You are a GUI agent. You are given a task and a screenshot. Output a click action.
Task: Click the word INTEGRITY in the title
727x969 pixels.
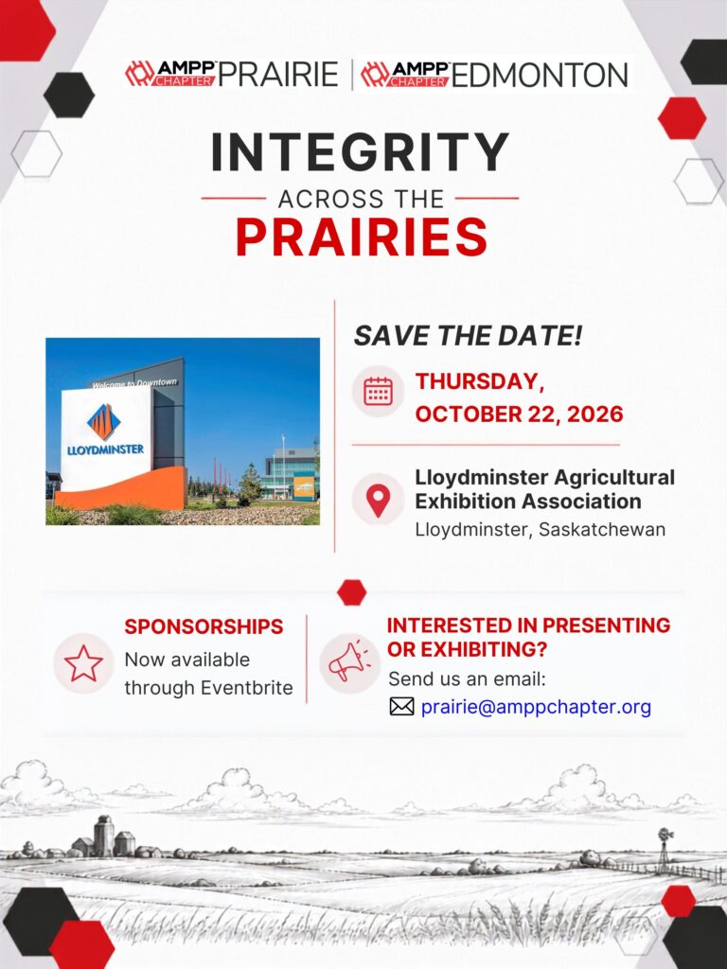(x=361, y=152)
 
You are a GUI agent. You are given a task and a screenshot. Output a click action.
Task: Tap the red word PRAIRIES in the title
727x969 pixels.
(x=362, y=237)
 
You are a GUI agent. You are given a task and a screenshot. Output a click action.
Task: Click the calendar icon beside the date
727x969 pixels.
(x=379, y=391)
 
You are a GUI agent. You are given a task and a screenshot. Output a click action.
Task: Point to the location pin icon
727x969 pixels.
(x=379, y=501)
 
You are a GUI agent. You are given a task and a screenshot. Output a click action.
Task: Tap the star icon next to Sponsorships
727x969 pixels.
(x=84, y=663)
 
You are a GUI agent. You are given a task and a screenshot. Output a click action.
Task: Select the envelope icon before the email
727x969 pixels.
(x=401, y=706)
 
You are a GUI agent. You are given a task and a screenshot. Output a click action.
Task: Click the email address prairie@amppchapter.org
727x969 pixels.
(x=536, y=707)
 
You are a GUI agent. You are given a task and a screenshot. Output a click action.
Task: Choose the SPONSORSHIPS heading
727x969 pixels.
(x=204, y=626)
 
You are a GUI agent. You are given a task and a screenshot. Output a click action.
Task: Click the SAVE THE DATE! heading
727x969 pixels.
(x=468, y=336)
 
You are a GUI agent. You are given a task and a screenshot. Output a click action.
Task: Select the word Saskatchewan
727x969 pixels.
(x=602, y=530)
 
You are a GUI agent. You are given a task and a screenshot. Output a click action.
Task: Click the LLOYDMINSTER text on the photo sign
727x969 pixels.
(x=105, y=449)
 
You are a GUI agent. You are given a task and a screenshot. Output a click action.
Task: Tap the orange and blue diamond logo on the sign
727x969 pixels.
(x=104, y=421)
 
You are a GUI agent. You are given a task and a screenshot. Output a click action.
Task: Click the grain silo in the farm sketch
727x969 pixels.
(x=103, y=835)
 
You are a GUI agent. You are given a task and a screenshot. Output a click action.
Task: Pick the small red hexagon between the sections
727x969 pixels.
(x=352, y=592)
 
